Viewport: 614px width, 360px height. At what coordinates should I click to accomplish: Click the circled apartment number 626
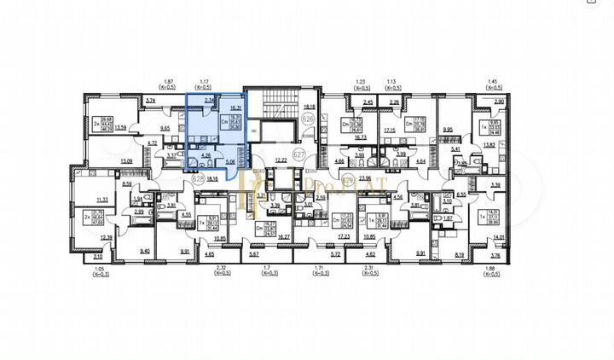point(310,119)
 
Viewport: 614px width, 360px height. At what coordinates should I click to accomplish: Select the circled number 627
point(298,156)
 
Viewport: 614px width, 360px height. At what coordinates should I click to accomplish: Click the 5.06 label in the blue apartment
point(231,160)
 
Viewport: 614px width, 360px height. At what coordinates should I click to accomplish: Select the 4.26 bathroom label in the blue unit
point(205,155)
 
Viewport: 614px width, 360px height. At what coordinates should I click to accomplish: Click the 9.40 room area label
point(144,252)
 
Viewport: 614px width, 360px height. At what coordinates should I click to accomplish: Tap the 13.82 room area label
point(489,147)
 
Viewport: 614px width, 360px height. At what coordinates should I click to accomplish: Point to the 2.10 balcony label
point(97,256)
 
